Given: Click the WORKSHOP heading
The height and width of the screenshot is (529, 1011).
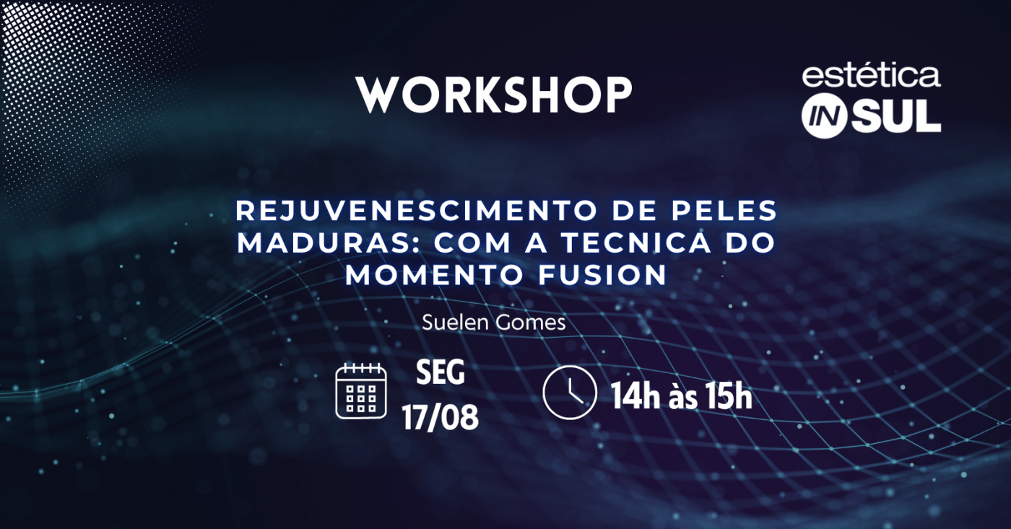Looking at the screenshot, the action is pyautogui.click(x=494, y=95).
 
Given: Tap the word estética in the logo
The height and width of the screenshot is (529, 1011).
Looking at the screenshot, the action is pyautogui.click(x=871, y=76).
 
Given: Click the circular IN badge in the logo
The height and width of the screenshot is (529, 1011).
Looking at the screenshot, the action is pyautogui.click(x=824, y=116).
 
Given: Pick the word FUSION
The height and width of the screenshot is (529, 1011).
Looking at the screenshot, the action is pyautogui.click(x=602, y=275).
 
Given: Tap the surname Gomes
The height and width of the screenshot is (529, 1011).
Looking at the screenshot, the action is pyautogui.click(x=530, y=323).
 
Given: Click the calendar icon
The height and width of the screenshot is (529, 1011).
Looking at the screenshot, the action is pyautogui.click(x=361, y=391).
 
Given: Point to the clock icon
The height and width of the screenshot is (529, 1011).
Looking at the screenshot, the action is pyautogui.click(x=570, y=393).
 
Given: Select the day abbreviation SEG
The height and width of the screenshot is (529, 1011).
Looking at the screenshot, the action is pyautogui.click(x=440, y=372).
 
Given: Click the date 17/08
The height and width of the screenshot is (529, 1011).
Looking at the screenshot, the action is pyautogui.click(x=440, y=418).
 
